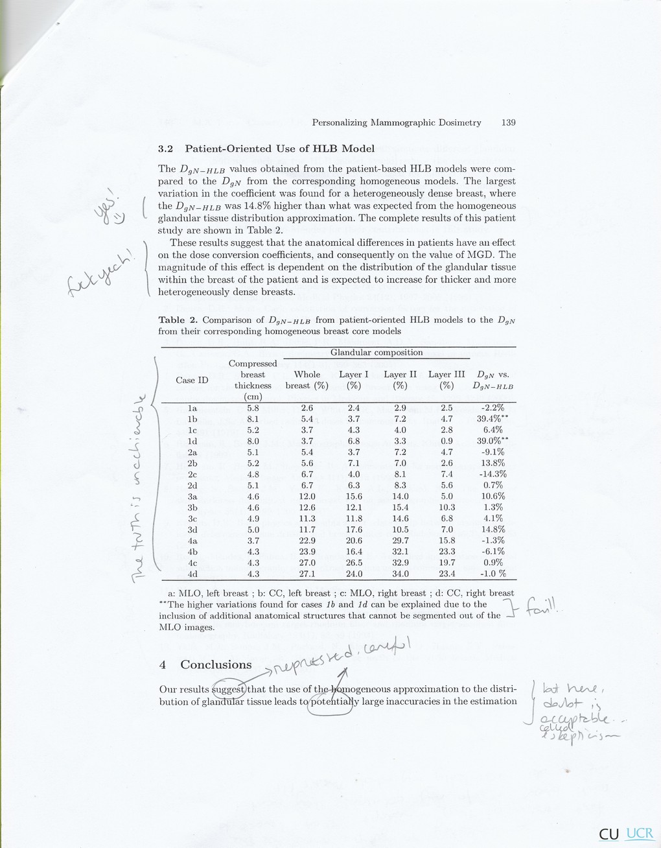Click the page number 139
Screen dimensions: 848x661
pyautogui.click(x=508, y=123)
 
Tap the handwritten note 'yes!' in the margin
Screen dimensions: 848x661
pyautogui.click(x=111, y=207)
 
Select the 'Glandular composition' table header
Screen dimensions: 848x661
pyautogui.click(x=377, y=353)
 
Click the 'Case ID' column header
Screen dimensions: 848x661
pyautogui.click(x=192, y=380)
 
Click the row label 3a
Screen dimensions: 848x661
pyautogui.click(x=192, y=496)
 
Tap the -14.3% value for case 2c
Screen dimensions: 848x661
pyautogui.click(x=491, y=474)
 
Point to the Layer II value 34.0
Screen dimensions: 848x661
pyautogui.click(x=400, y=574)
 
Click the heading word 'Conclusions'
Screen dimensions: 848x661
pyautogui.click(x=216, y=665)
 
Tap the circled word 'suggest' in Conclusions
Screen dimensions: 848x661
pyautogui.click(x=229, y=689)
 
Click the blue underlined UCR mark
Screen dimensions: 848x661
pyautogui.click(x=640, y=834)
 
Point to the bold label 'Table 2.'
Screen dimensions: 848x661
pyautogui.click(x=179, y=320)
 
